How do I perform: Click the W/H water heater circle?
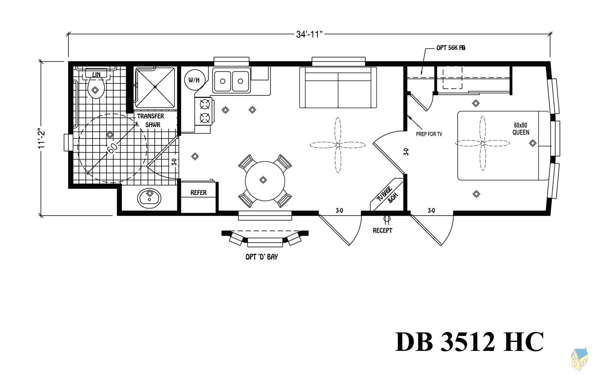194,80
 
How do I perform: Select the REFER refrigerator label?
199,193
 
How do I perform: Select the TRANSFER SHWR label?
151,120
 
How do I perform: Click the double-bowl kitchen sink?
231,81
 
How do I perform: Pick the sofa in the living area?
338,88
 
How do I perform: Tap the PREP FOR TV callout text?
429,134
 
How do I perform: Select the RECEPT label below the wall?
382,230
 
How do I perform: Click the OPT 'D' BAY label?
262,257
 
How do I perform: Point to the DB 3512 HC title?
469,341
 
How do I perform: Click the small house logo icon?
579,359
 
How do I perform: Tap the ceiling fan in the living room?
338,145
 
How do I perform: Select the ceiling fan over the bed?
482,143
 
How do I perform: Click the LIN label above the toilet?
96,75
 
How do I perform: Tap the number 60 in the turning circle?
112,148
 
